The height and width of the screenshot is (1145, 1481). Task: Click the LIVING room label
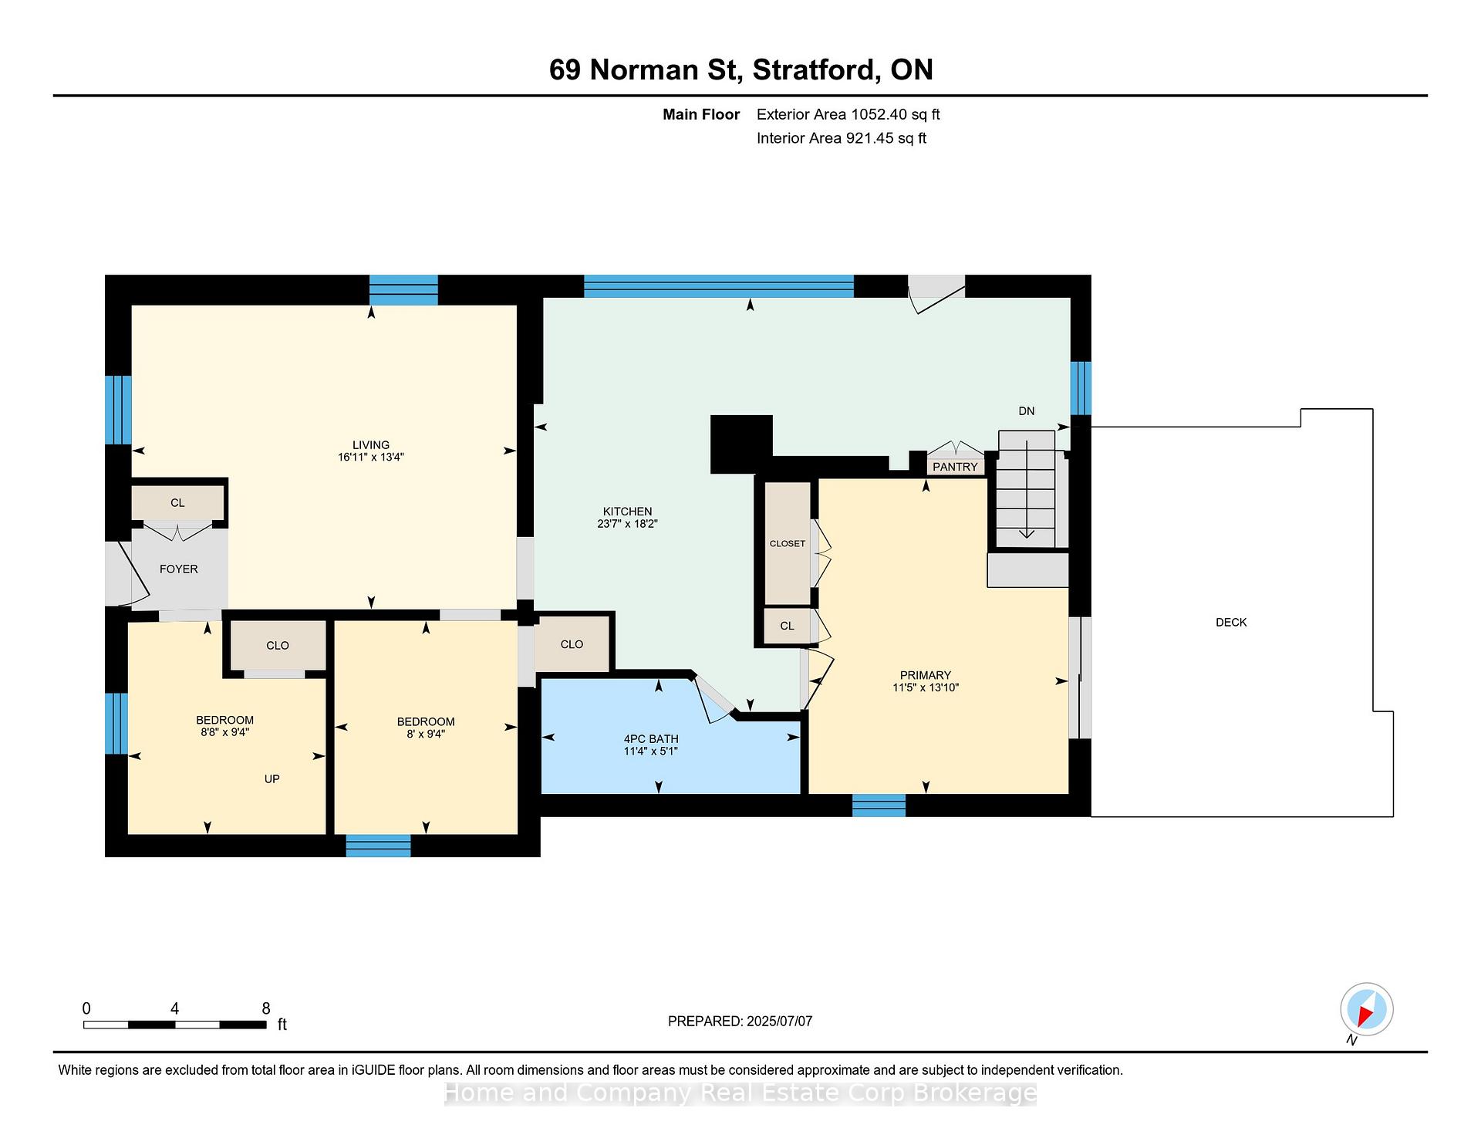click(x=371, y=444)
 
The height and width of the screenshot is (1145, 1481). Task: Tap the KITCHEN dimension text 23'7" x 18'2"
click(x=628, y=524)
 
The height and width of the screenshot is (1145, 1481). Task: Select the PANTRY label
click(x=955, y=467)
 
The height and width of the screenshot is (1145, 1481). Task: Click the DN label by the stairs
click(x=1027, y=411)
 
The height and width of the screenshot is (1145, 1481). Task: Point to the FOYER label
click(x=179, y=569)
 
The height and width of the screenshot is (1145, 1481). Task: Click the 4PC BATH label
click(x=651, y=738)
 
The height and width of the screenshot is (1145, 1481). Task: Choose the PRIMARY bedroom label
click(x=926, y=675)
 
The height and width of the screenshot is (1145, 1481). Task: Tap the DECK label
click(x=1231, y=622)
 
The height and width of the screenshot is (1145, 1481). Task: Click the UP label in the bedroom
click(x=272, y=779)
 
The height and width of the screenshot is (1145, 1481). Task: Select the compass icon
click(x=1366, y=1010)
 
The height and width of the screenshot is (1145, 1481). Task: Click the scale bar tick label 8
click(x=266, y=1008)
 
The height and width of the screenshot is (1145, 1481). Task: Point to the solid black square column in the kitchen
click(x=741, y=444)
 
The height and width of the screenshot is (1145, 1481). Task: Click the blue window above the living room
click(x=403, y=290)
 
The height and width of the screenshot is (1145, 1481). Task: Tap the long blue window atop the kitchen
click(x=719, y=286)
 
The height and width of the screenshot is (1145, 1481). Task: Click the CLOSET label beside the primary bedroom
click(x=788, y=543)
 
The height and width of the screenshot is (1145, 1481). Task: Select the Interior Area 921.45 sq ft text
click(x=842, y=138)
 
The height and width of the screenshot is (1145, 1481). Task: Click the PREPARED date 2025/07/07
click(x=779, y=1021)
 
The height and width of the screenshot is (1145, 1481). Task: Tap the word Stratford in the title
click(x=816, y=69)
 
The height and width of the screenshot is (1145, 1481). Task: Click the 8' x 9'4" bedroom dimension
click(x=426, y=734)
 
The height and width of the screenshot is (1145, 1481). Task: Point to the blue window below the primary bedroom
click(x=879, y=806)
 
